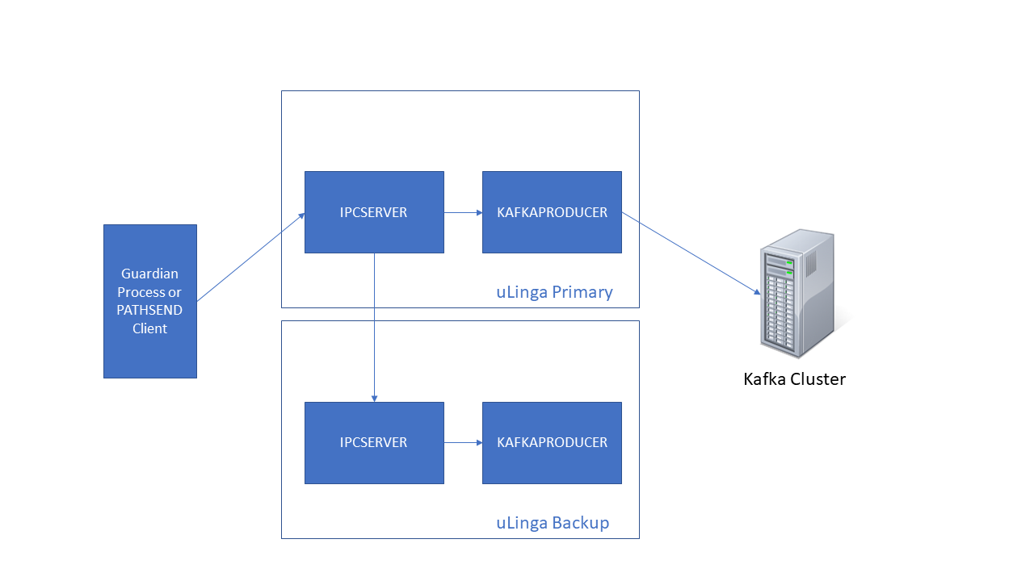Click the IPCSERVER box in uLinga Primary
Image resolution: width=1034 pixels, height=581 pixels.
(374, 212)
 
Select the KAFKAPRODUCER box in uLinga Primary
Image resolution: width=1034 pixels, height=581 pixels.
(552, 212)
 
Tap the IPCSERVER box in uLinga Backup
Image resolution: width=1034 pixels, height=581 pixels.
(374, 443)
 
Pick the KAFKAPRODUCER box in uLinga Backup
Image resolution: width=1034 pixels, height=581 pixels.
(552, 443)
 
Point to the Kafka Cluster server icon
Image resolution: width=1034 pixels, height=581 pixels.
(797, 295)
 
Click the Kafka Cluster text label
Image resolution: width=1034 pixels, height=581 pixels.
(794, 379)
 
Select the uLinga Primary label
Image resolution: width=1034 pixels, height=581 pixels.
(554, 292)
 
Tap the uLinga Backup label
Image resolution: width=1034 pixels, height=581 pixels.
(553, 523)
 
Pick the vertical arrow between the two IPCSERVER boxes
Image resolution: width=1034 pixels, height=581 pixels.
(374, 327)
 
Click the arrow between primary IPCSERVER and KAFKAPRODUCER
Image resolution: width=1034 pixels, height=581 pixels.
(463, 213)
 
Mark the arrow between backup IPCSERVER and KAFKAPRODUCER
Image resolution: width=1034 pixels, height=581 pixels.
(463, 443)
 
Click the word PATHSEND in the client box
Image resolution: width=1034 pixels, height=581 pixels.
(149, 310)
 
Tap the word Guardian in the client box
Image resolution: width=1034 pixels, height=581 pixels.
(149, 274)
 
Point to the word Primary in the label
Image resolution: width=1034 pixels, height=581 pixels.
(582, 292)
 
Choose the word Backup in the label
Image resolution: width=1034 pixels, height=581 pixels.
(581, 523)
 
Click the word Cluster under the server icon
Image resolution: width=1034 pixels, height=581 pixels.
(818, 379)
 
